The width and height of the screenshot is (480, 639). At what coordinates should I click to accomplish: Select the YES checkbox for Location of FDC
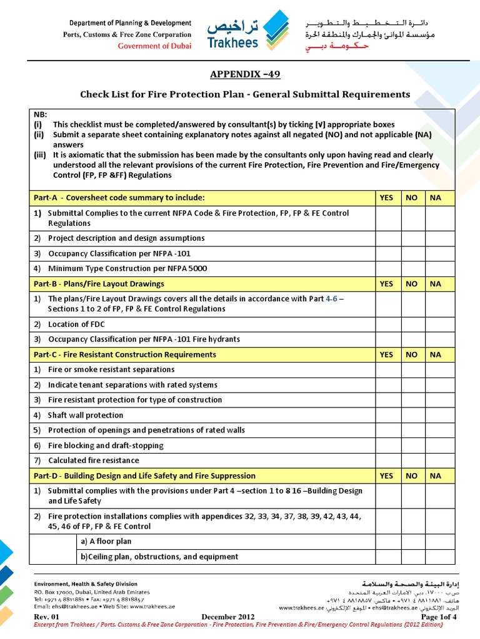(x=387, y=324)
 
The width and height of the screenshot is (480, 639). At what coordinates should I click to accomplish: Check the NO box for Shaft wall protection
(x=411, y=415)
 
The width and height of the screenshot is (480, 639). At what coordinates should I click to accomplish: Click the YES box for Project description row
(x=387, y=238)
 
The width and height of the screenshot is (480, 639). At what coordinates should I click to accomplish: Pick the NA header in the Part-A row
(x=435, y=198)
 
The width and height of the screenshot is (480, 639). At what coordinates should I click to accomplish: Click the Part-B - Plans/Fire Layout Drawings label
(x=99, y=284)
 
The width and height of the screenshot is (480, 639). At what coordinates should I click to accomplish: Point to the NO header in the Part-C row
(x=411, y=354)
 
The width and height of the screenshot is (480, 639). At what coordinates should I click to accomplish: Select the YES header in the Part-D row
(x=387, y=476)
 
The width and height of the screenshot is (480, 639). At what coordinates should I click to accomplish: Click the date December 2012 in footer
(x=229, y=617)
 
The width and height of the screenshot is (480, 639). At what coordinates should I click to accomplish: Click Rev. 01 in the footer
(x=46, y=617)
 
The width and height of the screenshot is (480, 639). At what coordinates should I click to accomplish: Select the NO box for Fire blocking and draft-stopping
(x=411, y=446)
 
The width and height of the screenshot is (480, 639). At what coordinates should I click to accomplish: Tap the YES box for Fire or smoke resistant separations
(x=387, y=369)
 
